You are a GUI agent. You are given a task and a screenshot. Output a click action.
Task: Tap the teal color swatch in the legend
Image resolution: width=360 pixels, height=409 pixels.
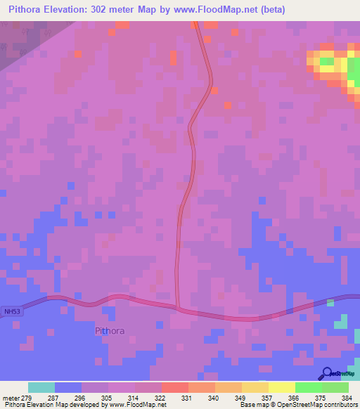coord(41,387)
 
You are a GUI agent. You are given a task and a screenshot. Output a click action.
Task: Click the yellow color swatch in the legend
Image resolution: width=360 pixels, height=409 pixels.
coord(281,387)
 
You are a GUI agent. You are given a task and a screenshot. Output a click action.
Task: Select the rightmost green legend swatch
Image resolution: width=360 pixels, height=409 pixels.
coord(335,387)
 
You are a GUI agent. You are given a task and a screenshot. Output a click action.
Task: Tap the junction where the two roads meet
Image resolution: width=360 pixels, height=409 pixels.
coord(177,306)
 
